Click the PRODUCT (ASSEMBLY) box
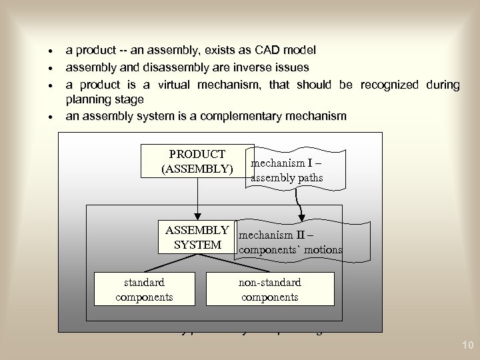[197, 161]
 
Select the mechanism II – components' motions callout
[290, 241]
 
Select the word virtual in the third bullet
[214, 85]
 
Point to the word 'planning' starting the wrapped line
[85, 100]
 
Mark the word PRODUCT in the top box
[197, 154]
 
